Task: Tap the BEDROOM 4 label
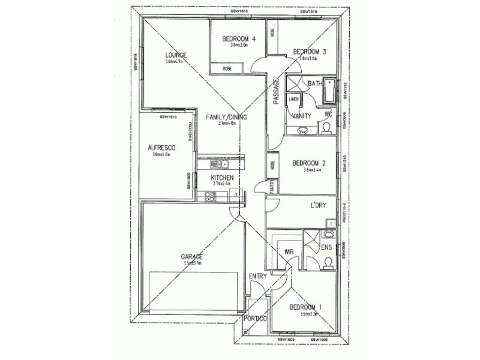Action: tap(239, 40)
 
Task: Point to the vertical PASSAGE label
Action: tap(277, 93)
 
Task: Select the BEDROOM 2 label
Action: tap(308, 162)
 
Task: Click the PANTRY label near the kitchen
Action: tap(272, 187)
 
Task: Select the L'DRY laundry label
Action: tap(317, 206)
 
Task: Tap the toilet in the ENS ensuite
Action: tap(328, 261)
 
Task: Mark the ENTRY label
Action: tap(257, 276)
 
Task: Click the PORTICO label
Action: tap(255, 319)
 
